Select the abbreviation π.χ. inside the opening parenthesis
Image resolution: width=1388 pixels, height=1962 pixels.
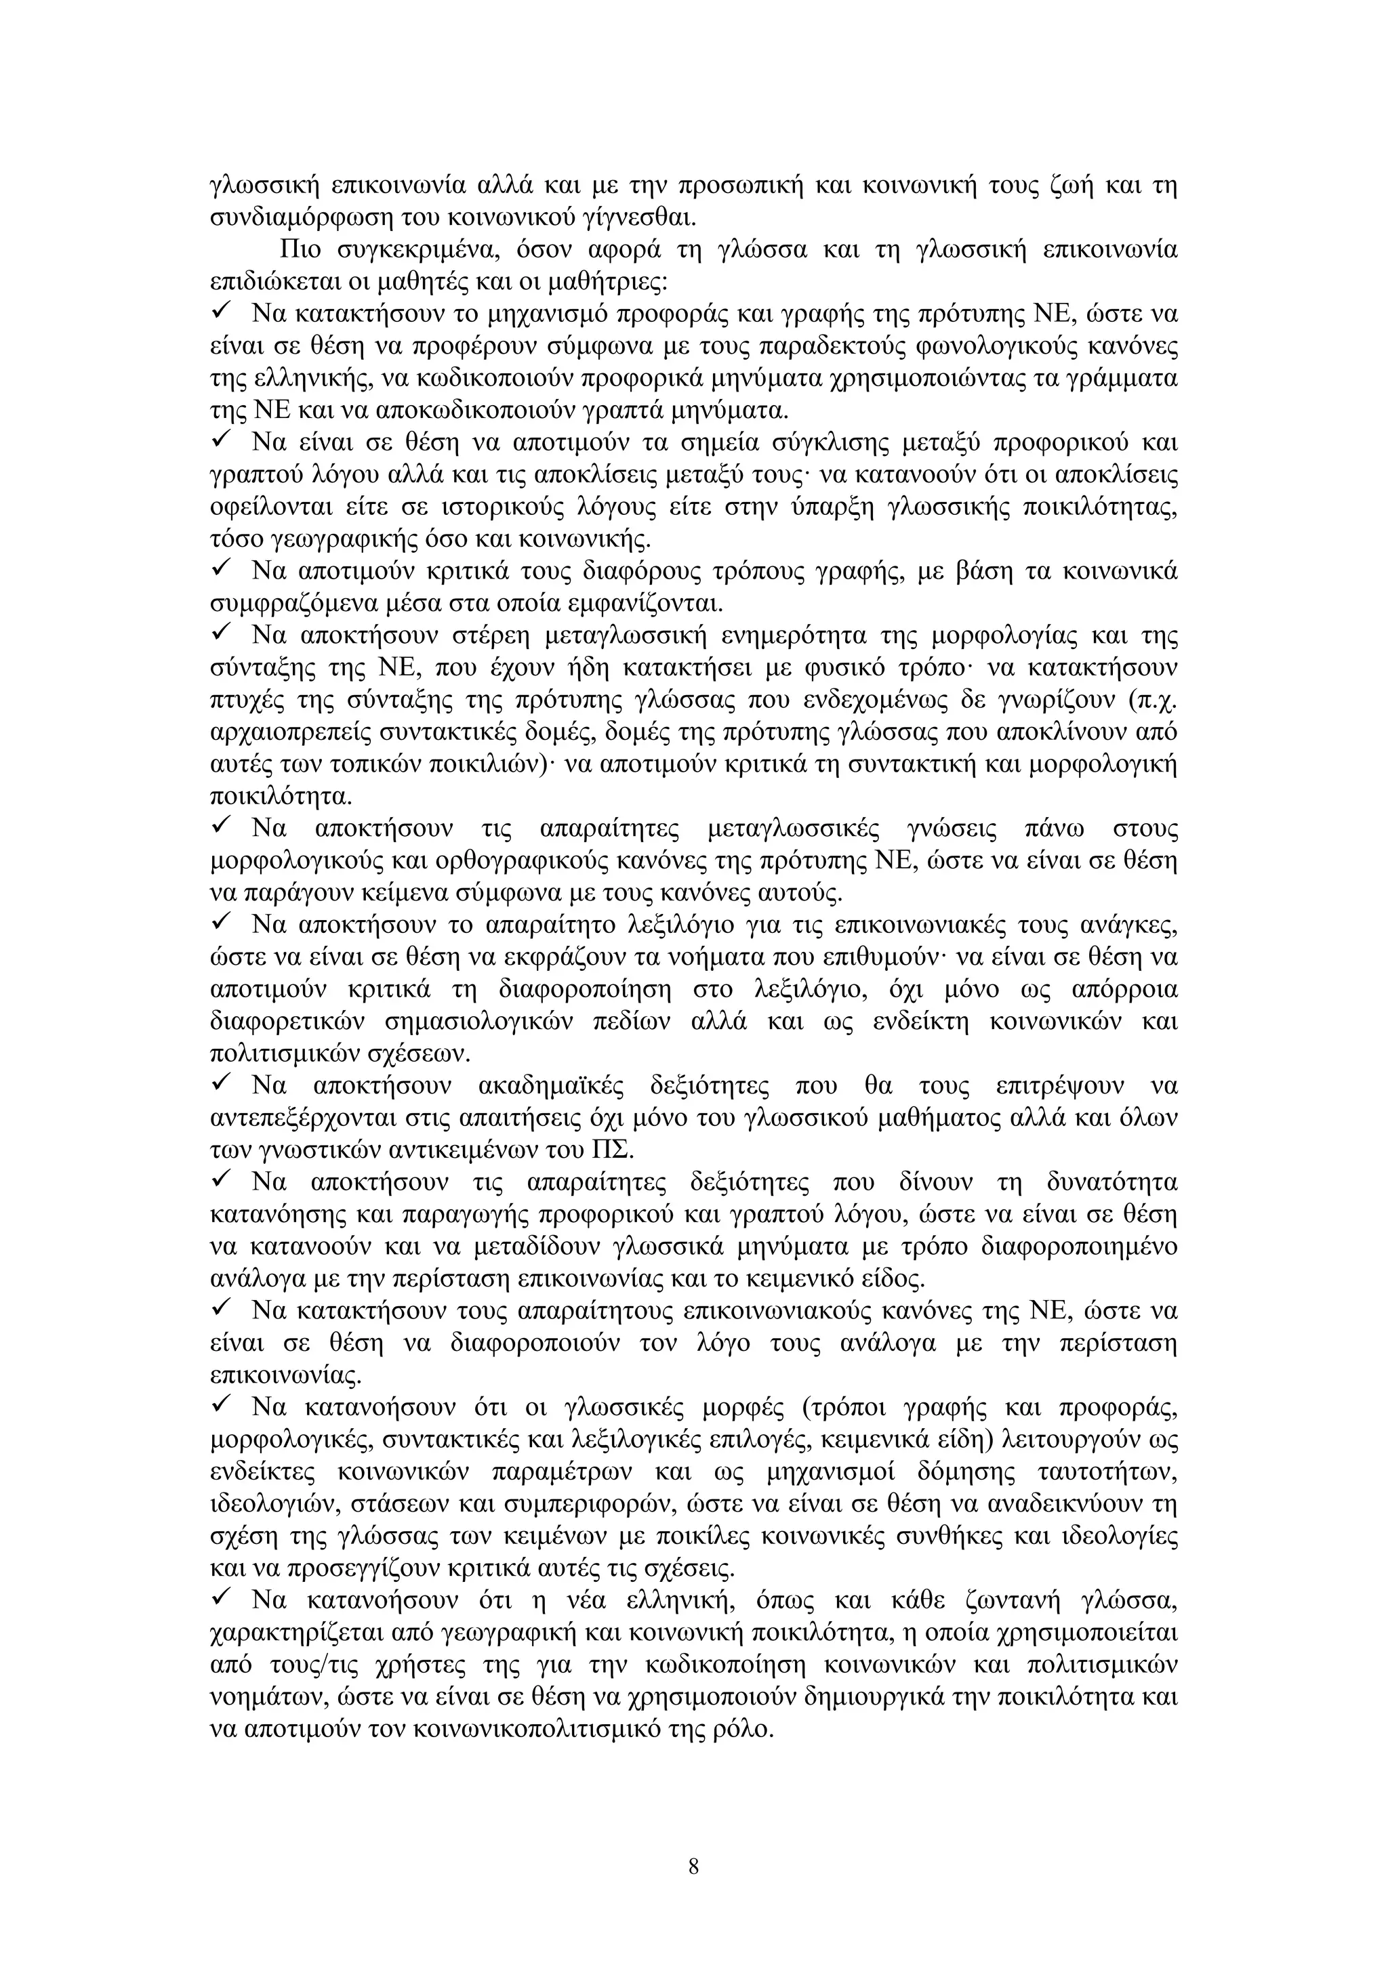1155,700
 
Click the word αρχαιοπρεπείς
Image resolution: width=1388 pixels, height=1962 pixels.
291,732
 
